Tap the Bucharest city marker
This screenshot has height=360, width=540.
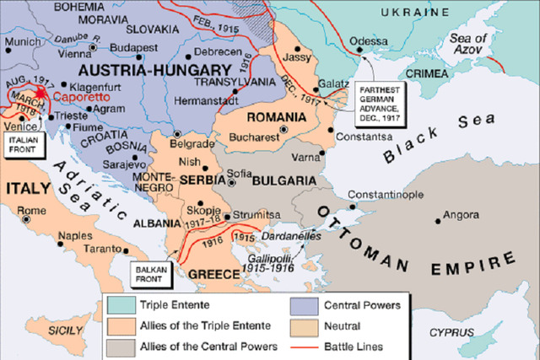(283, 128)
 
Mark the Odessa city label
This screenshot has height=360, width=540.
(369, 40)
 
